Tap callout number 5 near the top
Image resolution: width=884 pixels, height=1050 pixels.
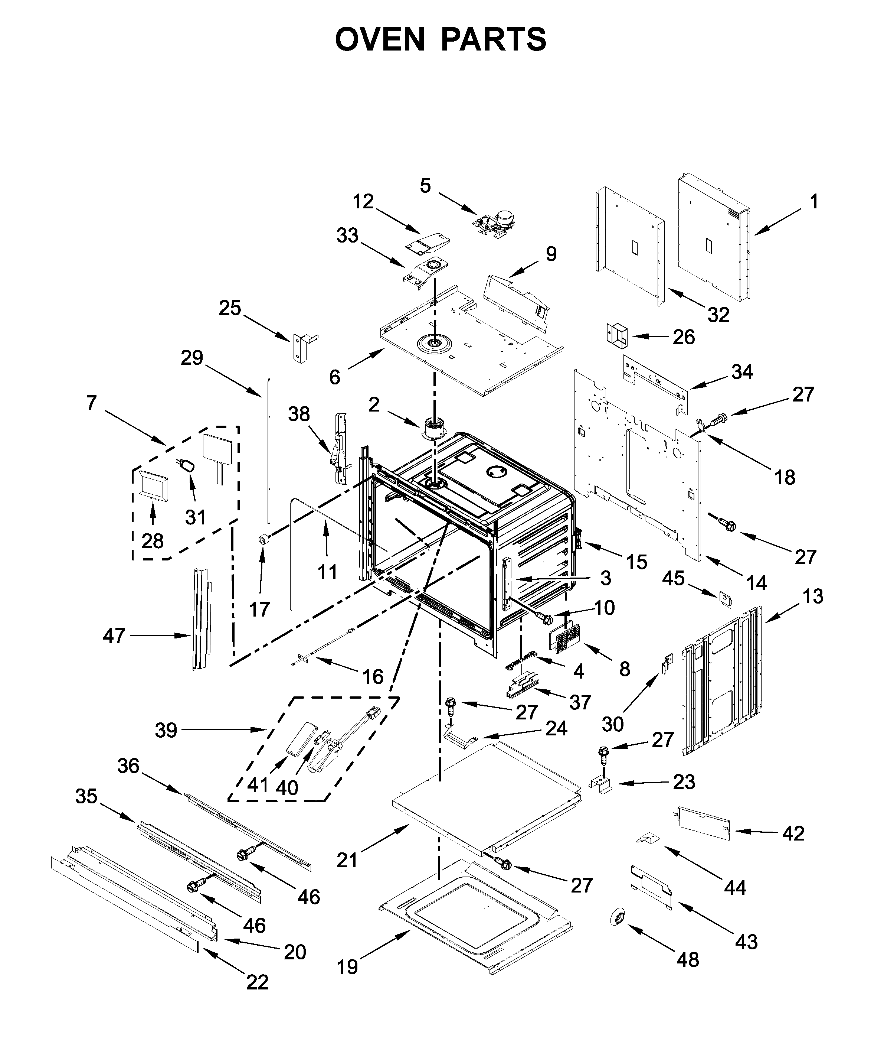click(425, 186)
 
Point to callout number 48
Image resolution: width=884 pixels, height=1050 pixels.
click(688, 960)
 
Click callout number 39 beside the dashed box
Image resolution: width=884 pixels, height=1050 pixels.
click(166, 731)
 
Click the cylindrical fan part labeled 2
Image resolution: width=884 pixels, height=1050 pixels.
click(433, 429)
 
